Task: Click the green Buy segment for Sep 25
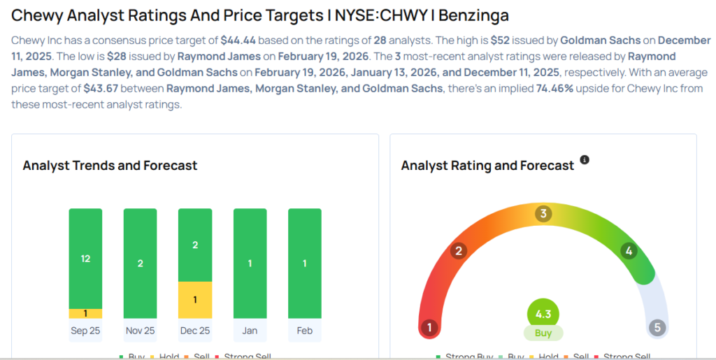pyautogui.click(x=85, y=259)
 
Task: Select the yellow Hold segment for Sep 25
pyautogui.click(x=85, y=314)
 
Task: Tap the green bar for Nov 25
pyautogui.click(x=140, y=264)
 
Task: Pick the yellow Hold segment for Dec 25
pyautogui.click(x=195, y=300)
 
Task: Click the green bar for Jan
pyautogui.click(x=250, y=264)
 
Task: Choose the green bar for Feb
pyautogui.click(x=305, y=264)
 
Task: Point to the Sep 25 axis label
pyautogui.click(x=85, y=331)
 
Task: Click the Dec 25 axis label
pyautogui.click(x=195, y=331)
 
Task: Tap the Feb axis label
pyautogui.click(x=305, y=331)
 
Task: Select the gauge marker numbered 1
pyautogui.click(x=429, y=327)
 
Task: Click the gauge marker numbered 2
pyautogui.click(x=459, y=251)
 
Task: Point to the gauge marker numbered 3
pyautogui.click(x=543, y=213)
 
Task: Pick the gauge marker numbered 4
pyautogui.click(x=629, y=251)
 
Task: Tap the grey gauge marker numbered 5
pyautogui.click(x=657, y=327)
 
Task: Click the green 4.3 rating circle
pyautogui.click(x=543, y=314)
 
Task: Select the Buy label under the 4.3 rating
pyautogui.click(x=543, y=333)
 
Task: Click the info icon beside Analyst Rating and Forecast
pyautogui.click(x=585, y=160)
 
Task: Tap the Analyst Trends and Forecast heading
pyautogui.click(x=110, y=166)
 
